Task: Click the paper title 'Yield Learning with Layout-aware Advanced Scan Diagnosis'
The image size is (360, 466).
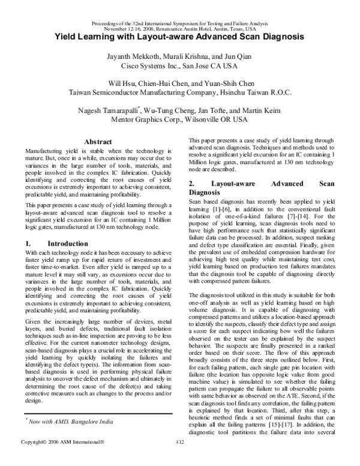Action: [180, 36]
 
